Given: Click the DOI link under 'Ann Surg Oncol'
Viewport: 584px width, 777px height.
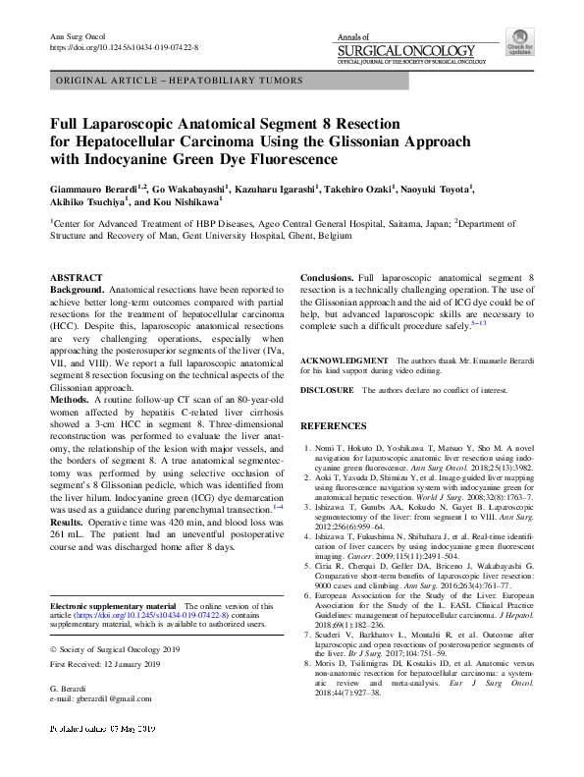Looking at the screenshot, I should pos(123,46).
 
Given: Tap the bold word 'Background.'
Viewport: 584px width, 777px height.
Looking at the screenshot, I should pos(78,292).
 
